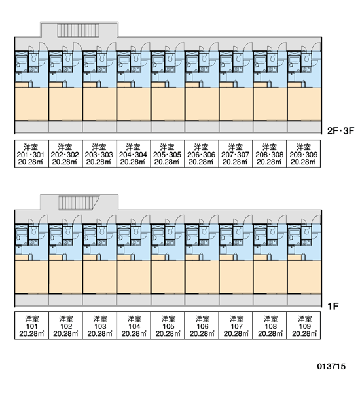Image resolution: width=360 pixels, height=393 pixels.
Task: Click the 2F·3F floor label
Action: point(341,130)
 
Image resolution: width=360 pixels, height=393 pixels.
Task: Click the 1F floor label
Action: point(333,306)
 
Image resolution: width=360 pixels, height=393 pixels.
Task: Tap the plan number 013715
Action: point(331,366)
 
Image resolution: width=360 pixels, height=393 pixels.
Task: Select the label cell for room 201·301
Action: point(31,154)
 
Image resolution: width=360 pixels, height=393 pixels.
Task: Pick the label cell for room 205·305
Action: point(168,154)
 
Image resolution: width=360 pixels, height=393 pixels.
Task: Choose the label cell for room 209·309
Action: point(304,154)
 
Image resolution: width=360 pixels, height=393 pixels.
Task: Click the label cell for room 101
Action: point(31,326)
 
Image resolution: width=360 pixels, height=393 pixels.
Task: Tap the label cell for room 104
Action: point(134,326)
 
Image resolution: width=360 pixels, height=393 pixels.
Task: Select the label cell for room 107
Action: point(236,326)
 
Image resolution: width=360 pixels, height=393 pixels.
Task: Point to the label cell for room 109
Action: point(304,326)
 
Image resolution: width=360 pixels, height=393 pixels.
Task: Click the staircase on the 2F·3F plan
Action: point(79,30)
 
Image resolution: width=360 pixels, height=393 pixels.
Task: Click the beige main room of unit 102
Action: point(65,277)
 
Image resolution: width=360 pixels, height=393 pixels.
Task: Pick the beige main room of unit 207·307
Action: point(236,104)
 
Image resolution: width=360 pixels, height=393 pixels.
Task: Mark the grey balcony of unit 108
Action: point(270,300)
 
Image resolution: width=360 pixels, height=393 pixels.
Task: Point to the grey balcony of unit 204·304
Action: point(134,127)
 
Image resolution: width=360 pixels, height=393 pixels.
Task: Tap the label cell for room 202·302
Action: point(65,154)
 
